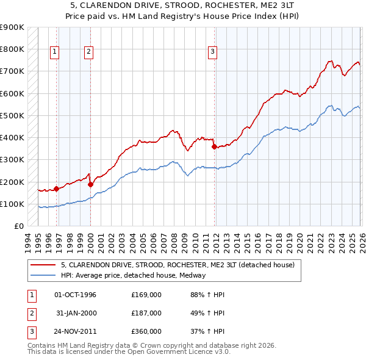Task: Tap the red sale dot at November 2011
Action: click(214, 146)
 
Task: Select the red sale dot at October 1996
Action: click(56, 189)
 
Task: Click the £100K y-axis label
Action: click(12, 204)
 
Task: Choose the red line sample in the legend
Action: click(44, 265)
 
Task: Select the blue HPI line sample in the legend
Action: click(44, 275)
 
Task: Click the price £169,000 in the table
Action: click(146, 295)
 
